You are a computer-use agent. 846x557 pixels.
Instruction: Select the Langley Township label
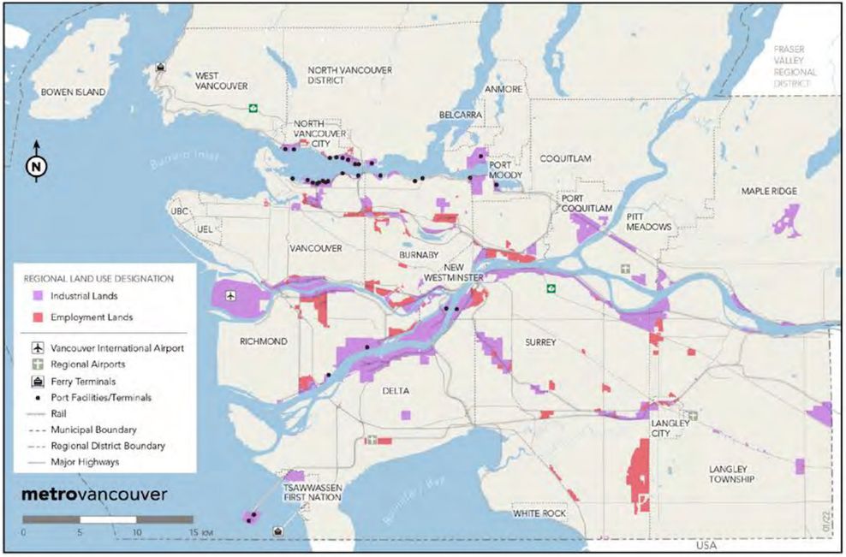click(x=731, y=475)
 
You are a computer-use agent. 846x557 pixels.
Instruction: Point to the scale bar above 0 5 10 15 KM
click(x=107, y=519)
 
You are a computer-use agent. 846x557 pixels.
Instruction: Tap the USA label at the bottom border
click(x=706, y=545)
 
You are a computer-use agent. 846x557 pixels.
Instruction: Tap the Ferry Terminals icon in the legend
click(x=38, y=381)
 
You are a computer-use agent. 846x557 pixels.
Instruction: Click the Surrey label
click(x=540, y=342)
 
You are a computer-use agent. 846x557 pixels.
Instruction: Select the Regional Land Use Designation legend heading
click(x=98, y=278)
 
